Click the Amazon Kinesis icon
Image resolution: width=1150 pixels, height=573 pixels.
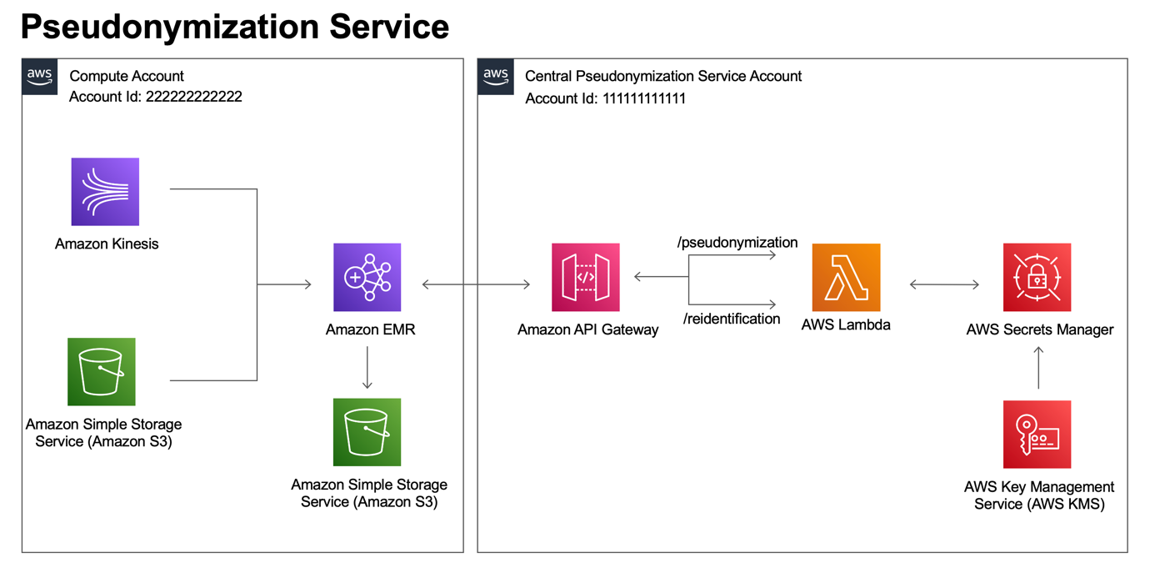(x=105, y=192)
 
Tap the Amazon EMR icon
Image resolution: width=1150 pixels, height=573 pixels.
(x=367, y=277)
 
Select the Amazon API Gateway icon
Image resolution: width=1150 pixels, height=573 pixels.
(x=586, y=277)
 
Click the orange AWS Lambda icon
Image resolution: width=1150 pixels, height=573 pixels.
(x=846, y=277)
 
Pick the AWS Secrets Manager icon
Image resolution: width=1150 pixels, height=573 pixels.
(x=1037, y=277)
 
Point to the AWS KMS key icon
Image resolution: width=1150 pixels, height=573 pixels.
(x=1037, y=435)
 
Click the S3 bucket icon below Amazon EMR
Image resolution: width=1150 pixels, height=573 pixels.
(x=367, y=432)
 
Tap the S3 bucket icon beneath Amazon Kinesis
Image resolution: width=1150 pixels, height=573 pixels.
(x=102, y=372)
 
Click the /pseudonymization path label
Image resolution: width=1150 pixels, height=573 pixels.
(x=737, y=243)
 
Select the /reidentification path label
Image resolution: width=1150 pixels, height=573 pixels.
(x=732, y=319)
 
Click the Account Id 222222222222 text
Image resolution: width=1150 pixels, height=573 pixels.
(x=156, y=97)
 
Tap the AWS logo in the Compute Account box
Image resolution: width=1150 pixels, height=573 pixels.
(x=40, y=76)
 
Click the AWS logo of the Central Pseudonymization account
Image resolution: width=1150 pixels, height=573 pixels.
(x=496, y=76)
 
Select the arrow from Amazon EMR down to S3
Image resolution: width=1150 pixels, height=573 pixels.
(x=367, y=368)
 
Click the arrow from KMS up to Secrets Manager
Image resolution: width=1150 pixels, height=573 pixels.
(x=1038, y=368)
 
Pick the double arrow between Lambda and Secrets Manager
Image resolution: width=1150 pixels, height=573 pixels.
(x=944, y=285)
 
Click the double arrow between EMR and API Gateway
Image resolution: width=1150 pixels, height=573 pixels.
(x=476, y=285)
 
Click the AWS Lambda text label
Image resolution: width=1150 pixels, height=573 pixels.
(x=846, y=325)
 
